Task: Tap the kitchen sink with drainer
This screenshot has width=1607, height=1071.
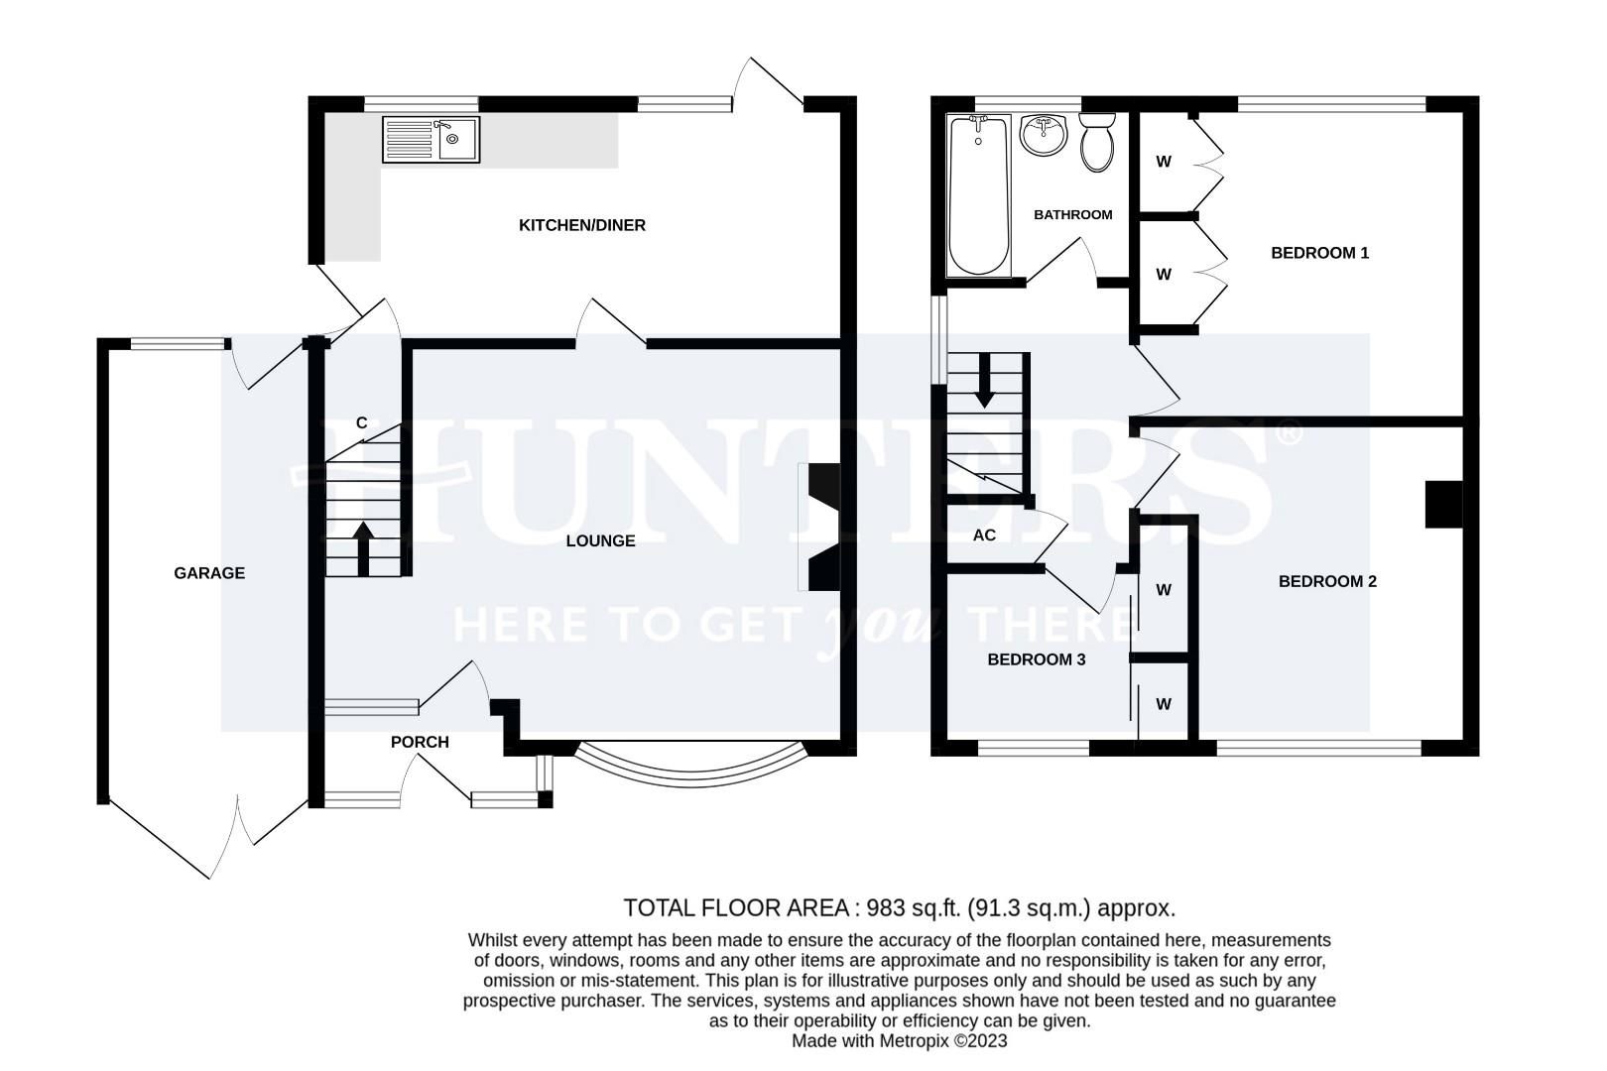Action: tap(431, 140)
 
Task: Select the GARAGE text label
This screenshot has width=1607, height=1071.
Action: tap(208, 573)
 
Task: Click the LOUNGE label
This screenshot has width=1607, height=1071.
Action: tap(600, 540)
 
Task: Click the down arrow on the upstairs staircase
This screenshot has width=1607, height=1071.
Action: tap(984, 383)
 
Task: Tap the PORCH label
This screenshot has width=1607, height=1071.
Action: tap(420, 742)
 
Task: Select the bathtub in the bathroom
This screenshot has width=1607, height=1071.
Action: tap(979, 196)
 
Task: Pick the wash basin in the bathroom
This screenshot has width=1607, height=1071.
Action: tap(1043, 135)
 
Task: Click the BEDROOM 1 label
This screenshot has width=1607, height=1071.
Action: tap(1319, 253)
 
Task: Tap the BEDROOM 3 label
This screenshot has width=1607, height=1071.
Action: tap(1036, 659)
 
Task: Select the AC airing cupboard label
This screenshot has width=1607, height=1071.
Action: tap(984, 535)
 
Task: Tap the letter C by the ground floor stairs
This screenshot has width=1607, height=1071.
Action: tap(362, 423)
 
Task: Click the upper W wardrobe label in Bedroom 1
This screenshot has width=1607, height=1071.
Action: tap(1164, 162)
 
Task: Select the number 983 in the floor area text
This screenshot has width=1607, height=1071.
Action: tap(885, 907)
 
